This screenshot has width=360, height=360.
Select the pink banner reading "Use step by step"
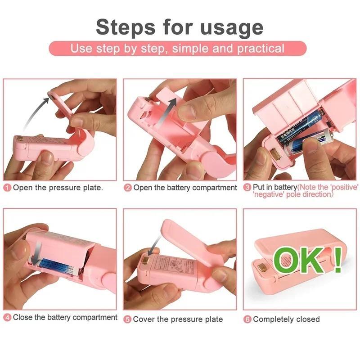click(x=177, y=49)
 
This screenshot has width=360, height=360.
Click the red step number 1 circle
click(x=8, y=188)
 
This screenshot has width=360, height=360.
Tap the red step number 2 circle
click(x=128, y=188)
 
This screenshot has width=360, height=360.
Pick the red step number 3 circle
click(x=247, y=187)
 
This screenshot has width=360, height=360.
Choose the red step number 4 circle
click(x=8, y=318)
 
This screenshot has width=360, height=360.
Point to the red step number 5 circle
click(x=128, y=319)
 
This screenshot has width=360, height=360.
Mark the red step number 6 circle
click(x=247, y=319)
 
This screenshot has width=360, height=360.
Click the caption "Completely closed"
click(x=286, y=319)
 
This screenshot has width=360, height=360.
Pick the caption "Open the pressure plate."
click(x=58, y=188)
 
